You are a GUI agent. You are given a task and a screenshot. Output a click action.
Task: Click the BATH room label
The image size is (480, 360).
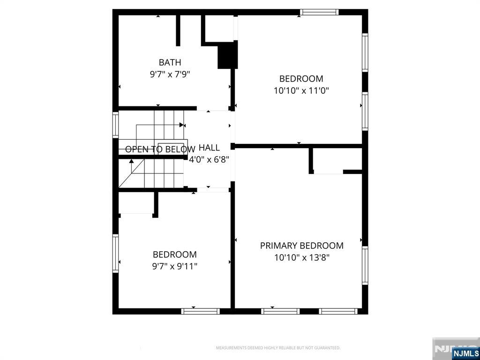(x=170, y=62)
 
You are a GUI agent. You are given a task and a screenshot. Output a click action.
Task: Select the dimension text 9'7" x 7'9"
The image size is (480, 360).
(x=170, y=74)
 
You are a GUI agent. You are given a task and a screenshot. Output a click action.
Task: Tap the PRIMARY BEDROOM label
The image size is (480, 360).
(x=301, y=246)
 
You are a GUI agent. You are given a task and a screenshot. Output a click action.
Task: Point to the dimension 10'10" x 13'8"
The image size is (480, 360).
(x=301, y=257)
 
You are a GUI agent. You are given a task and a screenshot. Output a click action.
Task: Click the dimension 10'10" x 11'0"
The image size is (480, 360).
(x=301, y=90)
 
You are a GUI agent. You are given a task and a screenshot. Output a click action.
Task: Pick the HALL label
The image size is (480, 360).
(x=209, y=148)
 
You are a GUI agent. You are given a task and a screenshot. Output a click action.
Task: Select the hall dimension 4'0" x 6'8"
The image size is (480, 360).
(x=209, y=159)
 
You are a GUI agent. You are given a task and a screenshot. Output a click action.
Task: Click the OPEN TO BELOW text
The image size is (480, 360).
(x=160, y=150)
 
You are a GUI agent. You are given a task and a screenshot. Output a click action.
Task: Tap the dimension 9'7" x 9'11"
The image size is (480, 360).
(x=175, y=266)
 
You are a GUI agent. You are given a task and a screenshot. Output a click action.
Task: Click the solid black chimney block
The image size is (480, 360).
(x=227, y=55)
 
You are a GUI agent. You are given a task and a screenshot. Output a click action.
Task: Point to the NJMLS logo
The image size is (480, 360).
(x=465, y=353)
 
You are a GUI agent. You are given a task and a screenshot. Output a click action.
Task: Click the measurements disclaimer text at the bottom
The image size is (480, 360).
(x=278, y=348)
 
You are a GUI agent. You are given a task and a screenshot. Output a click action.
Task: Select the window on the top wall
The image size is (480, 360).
(x=319, y=12)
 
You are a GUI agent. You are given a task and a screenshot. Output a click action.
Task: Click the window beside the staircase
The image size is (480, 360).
(x=115, y=125)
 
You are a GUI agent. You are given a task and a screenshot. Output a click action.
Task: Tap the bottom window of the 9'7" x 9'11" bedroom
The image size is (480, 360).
(x=200, y=311)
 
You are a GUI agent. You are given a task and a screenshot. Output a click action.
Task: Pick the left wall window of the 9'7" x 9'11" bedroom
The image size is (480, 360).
(x=115, y=253)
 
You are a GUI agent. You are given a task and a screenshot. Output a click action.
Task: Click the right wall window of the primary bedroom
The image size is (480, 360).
(x=365, y=265)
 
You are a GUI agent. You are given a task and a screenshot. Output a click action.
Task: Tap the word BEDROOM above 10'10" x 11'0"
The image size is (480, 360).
(x=301, y=79)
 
